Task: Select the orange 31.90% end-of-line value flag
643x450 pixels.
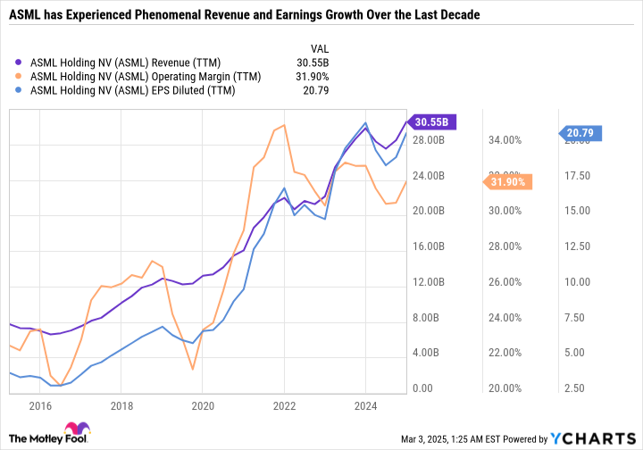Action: click(510, 182)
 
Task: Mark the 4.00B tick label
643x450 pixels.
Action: click(429, 354)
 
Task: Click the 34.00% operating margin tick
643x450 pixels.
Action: click(504, 140)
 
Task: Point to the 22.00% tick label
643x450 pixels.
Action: click(504, 354)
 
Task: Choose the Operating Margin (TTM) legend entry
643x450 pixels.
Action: click(146, 77)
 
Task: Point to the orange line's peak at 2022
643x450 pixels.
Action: click(284, 126)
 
